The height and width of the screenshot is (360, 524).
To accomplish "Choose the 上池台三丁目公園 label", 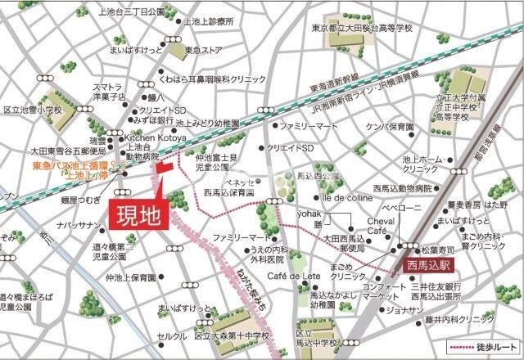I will [131, 11].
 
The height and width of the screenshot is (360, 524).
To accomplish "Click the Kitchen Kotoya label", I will [155, 139].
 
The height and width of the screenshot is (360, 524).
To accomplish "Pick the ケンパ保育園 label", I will [390, 127].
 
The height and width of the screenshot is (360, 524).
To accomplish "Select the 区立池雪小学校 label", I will [33, 109].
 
